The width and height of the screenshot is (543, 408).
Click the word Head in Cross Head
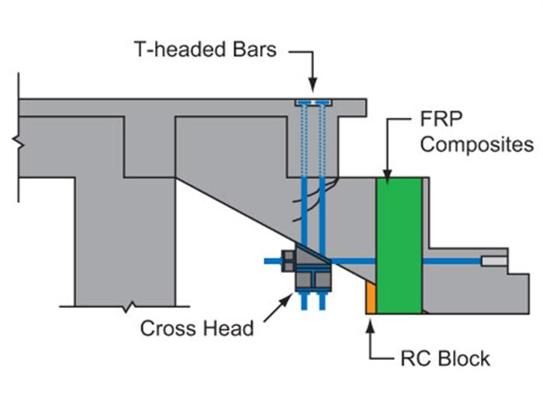coord(226,328)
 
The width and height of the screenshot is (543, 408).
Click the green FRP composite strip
coord(399,245)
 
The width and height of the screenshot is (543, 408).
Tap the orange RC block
coord(371,299)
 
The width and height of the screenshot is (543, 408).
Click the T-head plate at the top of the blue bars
coord(313,102)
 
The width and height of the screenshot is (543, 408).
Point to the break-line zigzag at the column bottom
coord(126,306)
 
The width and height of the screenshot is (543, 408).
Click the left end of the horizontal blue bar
coord(268,261)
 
